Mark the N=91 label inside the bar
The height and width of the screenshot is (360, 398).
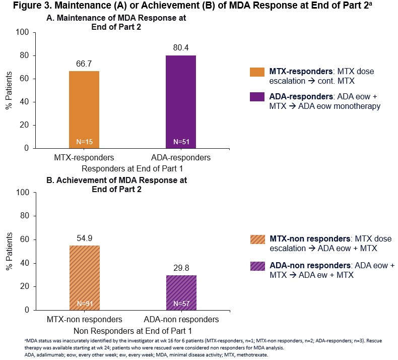(84, 304)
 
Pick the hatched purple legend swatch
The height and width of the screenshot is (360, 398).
(257, 269)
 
